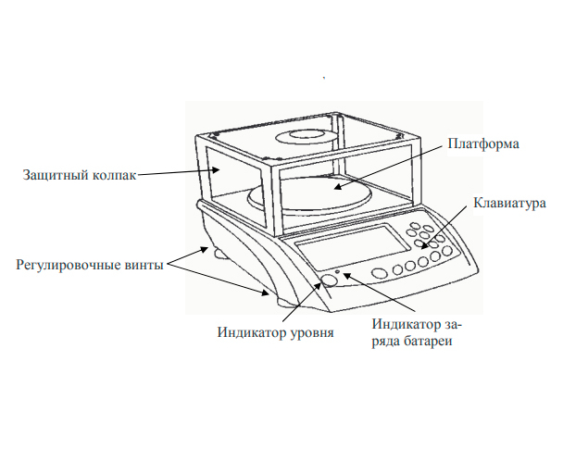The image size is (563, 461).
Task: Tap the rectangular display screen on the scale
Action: pos(353,250)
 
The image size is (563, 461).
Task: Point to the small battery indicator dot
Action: pos(340,273)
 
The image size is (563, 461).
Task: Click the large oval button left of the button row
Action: pos(379,274)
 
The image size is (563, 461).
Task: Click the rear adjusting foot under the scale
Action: pos(220,252)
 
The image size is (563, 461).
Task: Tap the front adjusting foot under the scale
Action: pos(279,298)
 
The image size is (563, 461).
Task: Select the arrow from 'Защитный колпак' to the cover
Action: pos(177,173)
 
